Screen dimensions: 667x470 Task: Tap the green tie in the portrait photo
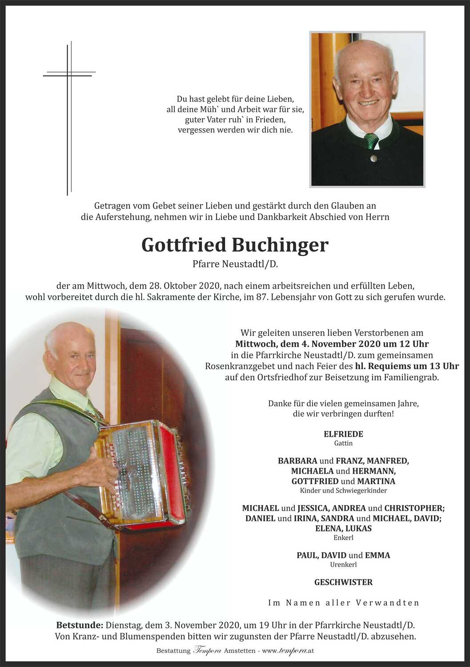pyautogui.click(x=371, y=141)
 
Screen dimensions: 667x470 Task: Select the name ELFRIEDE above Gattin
pyautogui.click(x=343, y=434)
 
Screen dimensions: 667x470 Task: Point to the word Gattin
pyautogui.click(x=343, y=443)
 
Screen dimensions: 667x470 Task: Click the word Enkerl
pyautogui.click(x=343, y=538)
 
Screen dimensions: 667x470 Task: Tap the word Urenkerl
pyautogui.click(x=343, y=565)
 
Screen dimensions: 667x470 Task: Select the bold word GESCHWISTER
pyautogui.click(x=343, y=582)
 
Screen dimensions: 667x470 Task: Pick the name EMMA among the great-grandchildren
pyautogui.click(x=378, y=555)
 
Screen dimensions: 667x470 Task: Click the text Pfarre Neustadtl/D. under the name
pyautogui.click(x=235, y=264)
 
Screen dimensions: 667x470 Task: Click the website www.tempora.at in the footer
pyautogui.click(x=288, y=651)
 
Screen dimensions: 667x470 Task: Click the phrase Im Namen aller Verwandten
pyautogui.click(x=343, y=603)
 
